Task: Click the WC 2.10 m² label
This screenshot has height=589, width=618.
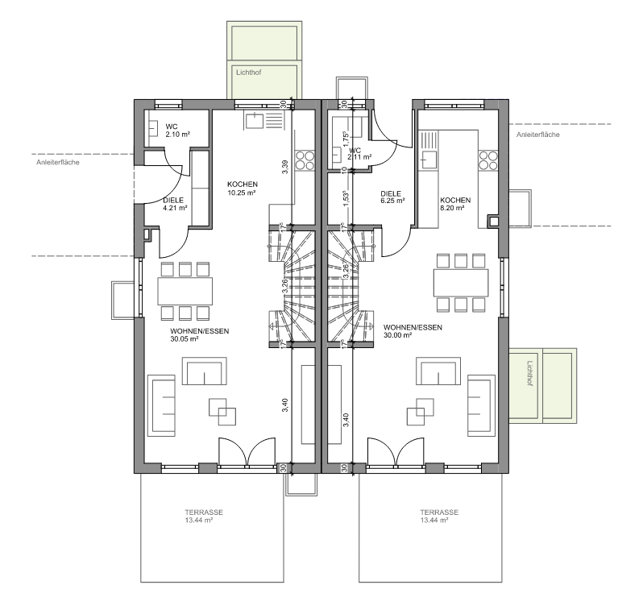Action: (x=178, y=130)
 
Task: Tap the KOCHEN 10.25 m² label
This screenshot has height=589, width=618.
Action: (x=242, y=188)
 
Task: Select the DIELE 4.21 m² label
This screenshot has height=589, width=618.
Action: (x=175, y=204)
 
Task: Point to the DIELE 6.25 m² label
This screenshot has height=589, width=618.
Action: (x=392, y=197)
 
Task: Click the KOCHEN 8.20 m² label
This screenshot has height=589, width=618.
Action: (x=455, y=204)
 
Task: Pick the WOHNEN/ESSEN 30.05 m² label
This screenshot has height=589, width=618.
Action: (x=200, y=334)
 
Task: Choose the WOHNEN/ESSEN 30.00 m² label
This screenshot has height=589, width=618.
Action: (x=413, y=331)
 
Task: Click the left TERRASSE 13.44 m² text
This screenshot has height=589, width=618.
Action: (x=204, y=516)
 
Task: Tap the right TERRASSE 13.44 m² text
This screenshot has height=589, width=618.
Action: (x=439, y=516)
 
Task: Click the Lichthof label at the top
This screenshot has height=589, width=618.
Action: (x=249, y=73)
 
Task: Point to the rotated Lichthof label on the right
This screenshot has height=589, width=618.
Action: (x=530, y=373)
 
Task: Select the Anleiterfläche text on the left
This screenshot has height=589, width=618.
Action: (x=58, y=163)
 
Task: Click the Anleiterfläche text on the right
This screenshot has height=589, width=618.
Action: (x=538, y=135)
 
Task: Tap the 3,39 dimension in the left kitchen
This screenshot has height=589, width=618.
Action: (x=285, y=166)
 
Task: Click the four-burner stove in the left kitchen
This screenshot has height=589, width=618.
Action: (x=305, y=160)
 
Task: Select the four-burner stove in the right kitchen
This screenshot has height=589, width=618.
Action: (x=488, y=160)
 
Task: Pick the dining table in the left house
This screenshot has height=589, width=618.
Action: (x=185, y=291)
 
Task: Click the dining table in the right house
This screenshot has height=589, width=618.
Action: (x=461, y=283)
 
